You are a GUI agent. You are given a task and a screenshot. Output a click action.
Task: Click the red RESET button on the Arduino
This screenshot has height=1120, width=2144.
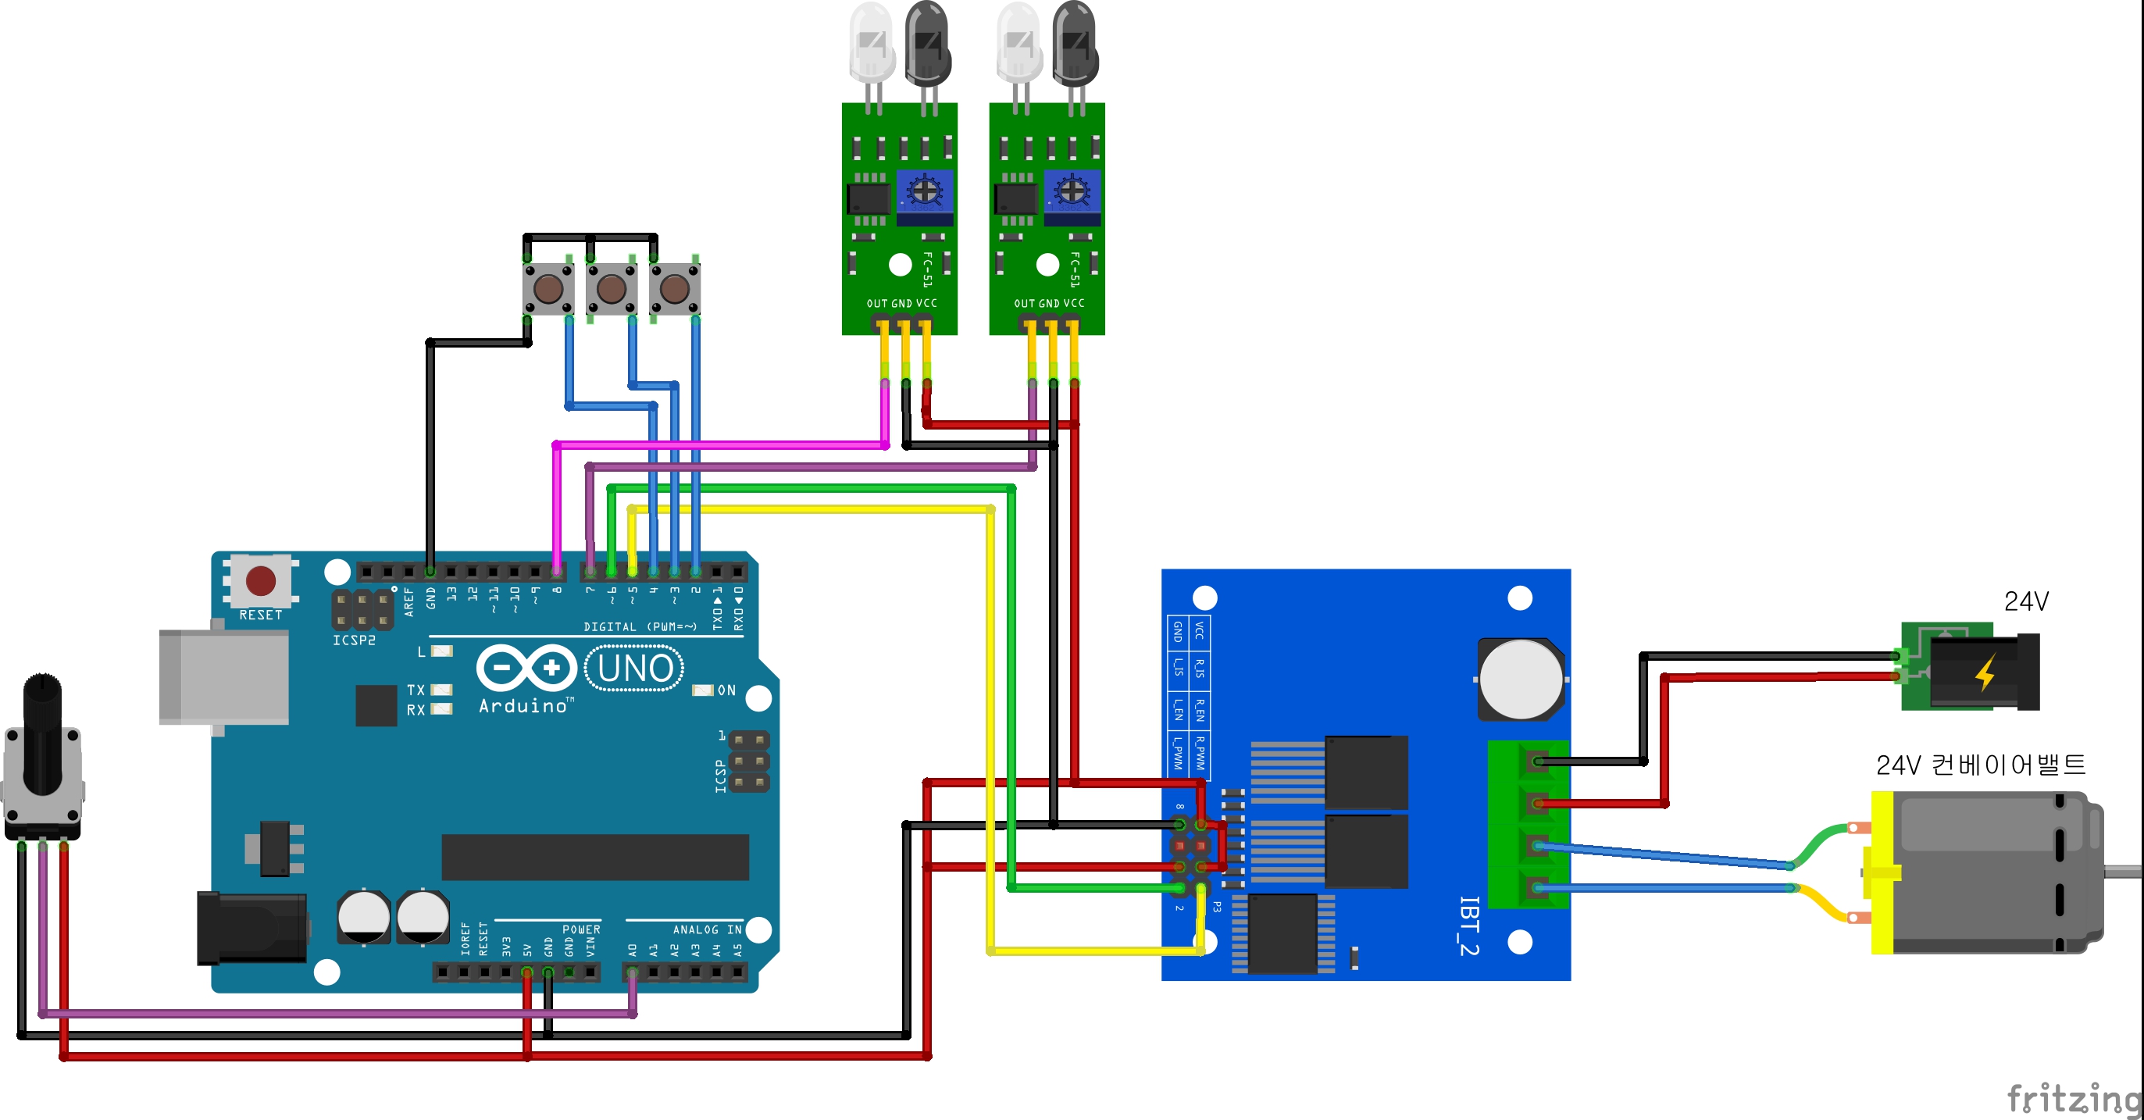click(x=261, y=580)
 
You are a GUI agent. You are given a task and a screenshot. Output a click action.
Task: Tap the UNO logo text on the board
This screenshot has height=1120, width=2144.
click(x=635, y=668)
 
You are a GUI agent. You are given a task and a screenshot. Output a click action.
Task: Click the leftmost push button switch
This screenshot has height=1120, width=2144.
click(x=548, y=289)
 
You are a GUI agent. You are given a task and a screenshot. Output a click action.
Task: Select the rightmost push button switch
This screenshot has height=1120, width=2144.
click(x=674, y=289)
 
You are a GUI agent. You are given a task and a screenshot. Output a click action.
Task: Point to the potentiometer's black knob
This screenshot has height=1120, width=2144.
click(x=42, y=733)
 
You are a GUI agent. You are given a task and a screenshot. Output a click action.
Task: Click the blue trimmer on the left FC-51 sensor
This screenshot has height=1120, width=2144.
click(x=925, y=192)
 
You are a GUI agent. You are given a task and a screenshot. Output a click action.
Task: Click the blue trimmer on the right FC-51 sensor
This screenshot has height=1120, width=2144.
click(x=1072, y=192)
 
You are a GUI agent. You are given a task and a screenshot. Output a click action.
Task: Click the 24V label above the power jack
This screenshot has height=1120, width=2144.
click(x=2026, y=601)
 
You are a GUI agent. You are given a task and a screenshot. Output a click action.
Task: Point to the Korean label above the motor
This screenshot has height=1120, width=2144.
click(x=1980, y=764)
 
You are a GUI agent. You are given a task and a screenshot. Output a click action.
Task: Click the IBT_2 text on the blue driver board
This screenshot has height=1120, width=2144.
click(x=1469, y=926)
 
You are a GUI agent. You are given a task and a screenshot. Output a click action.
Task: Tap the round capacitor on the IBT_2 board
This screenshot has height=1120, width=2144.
click(x=1521, y=679)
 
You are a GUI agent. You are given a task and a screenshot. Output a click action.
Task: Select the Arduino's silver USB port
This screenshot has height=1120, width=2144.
click(x=223, y=676)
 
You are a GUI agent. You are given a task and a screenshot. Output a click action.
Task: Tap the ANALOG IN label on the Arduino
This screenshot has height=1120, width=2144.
click(x=707, y=929)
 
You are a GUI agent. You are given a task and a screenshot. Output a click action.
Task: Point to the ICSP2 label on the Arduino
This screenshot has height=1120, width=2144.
click(x=354, y=640)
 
